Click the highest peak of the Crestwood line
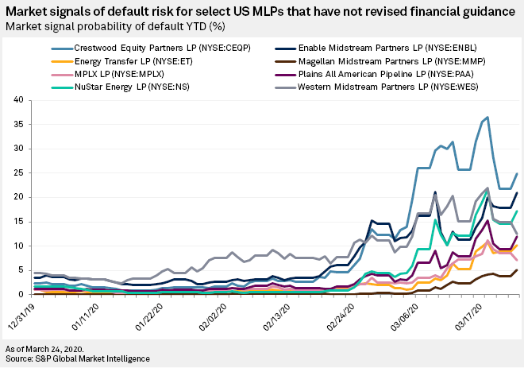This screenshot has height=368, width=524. point(487,118)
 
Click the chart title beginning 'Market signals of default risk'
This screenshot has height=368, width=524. point(261,10)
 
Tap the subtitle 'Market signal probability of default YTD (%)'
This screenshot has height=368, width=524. point(121,25)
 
